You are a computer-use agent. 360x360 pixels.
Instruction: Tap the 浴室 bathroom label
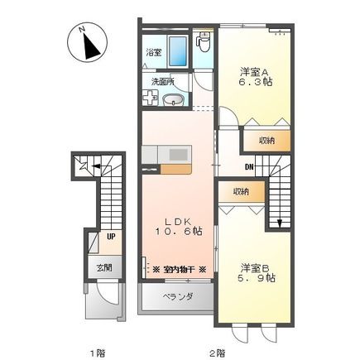(x=154, y=53)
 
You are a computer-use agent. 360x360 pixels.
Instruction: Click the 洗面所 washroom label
(x=162, y=81)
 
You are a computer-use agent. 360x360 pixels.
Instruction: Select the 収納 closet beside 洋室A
(x=265, y=141)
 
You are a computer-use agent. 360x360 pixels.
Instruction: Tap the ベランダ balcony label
(x=177, y=296)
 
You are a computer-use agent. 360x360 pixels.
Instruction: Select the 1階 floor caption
(x=98, y=352)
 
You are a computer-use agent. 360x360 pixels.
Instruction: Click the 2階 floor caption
(x=217, y=352)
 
